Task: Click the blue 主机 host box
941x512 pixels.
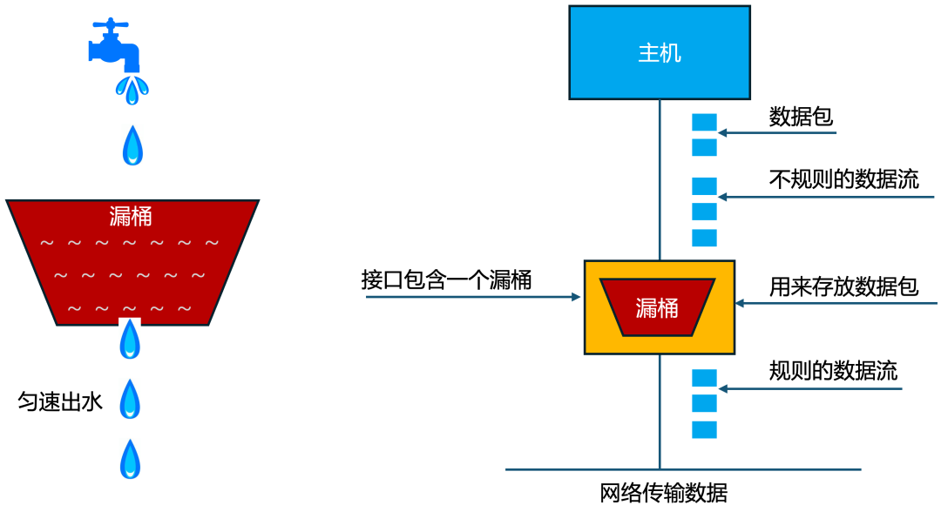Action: pyautogui.click(x=659, y=52)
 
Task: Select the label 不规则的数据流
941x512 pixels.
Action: pyautogui.click(x=843, y=180)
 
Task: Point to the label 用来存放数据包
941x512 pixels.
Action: pyautogui.click(x=843, y=286)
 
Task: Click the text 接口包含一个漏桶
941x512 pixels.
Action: pyautogui.click(x=446, y=280)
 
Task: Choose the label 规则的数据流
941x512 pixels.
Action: pyautogui.click(x=833, y=370)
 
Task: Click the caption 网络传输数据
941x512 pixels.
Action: pyautogui.click(x=664, y=493)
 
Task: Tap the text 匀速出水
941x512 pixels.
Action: pyautogui.click(x=60, y=401)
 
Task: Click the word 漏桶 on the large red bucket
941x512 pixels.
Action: pyautogui.click(x=131, y=215)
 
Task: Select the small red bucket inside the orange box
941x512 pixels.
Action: pyautogui.click(x=658, y=307)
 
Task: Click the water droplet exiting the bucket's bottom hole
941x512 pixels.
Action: pyautogui.click(x=130, y=340)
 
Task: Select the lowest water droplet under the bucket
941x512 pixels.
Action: pyautogui.click(x=130, y=459)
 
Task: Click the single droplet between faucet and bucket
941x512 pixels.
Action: pyautogui.click(x=132, y=145)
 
